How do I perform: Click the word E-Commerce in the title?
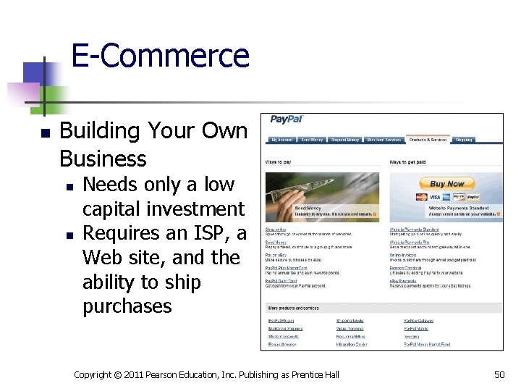point(160,56)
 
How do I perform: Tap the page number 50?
point(499,374)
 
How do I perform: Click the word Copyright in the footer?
point(93,374)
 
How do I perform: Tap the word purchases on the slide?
point(127,306)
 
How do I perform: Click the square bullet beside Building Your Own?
point(45,134)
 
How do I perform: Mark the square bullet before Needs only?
point(69,186)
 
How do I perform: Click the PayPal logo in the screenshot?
point(287,119)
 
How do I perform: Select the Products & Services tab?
point(428,140)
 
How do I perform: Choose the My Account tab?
point(282,140)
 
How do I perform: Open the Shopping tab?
point(464,140)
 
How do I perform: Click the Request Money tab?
point(344,140)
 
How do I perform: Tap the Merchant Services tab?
point(384,140)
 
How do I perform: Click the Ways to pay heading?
point(279,161)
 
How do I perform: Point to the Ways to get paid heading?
point(407,161)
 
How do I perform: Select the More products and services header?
point(294,308)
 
